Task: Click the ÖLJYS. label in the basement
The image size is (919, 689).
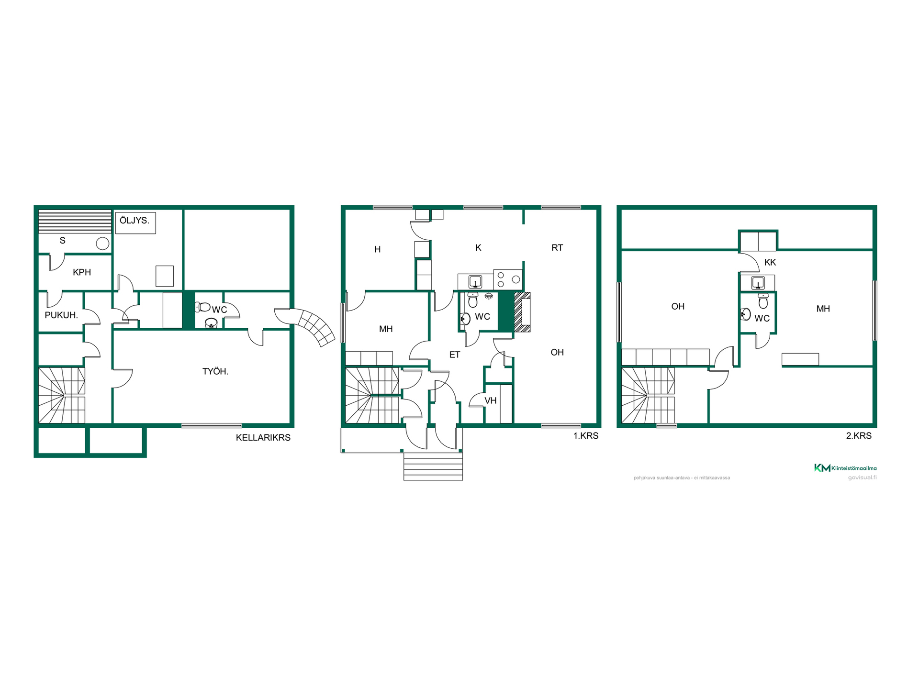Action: pyautogui.click(x=134, y=221)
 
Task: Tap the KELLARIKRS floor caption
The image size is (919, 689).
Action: pyautogui.click(x=263, y=437)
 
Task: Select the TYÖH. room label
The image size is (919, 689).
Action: pyautogui.click(x=215, y=371)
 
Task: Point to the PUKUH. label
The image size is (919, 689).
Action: pyautogui.click(x=61, y=315)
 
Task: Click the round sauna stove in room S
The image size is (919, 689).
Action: pyautogui.click(x=102, y=244)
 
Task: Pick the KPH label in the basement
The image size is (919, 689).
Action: pyautogui.click(x=82, y=272)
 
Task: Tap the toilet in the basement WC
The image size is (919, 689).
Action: pyautogui.click(x=202, y=307)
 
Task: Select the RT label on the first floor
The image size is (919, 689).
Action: pyautogui.click(x=557, y=247)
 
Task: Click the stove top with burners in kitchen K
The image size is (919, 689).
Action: pyautogui.click(x=508, y=279)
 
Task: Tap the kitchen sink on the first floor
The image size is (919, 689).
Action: pyautogui.click(x=475, y=281)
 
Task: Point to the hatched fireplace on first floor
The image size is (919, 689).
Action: pyautogui.click(x=522, y=312)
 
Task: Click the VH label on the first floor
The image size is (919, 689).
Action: pyautogui.click(x=491, y=400)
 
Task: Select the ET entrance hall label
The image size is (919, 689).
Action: pyautogui.click(x=455, y=355)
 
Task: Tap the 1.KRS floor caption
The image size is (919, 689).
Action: pyautogui.click(x=586, y=435)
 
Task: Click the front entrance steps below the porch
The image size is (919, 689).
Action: pyautogui.click(x=433, y=466)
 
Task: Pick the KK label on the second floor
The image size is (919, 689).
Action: pyautogui.click(x=770, y=262)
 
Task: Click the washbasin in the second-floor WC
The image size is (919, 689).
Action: pyautogui.click(x=745, y=314)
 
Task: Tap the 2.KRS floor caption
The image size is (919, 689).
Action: pyautogui.click(x=859, y=435)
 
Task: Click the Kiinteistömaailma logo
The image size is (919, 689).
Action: pyautogui.click(x=845, y=468)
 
